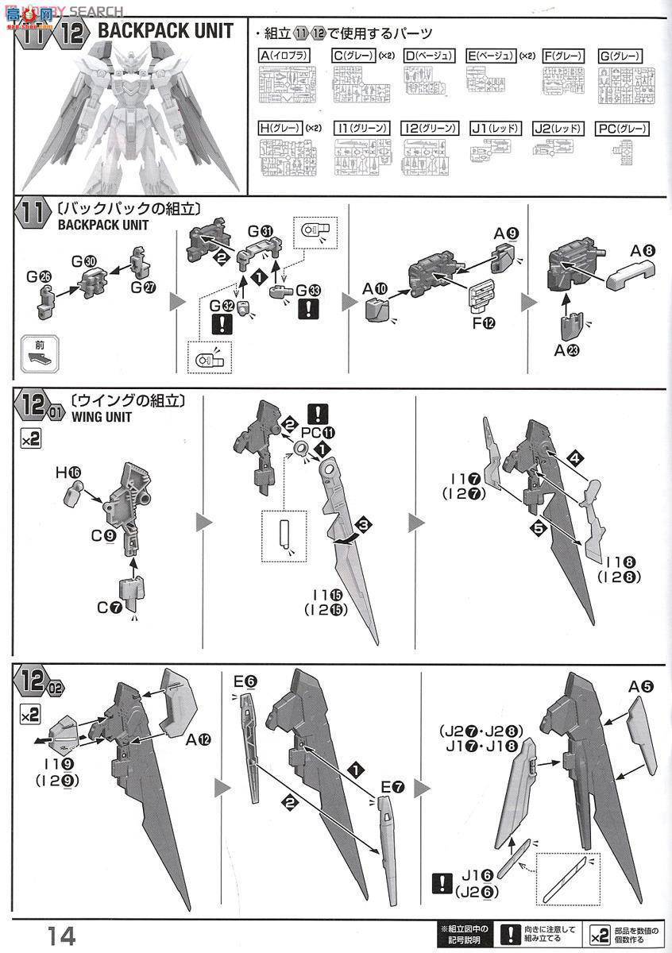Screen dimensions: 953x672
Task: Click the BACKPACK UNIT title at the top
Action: (165, 31)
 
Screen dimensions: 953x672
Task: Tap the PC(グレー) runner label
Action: (622, 128)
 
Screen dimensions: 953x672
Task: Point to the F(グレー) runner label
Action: (562, 56)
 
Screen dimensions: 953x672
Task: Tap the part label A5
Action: (641, 686)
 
